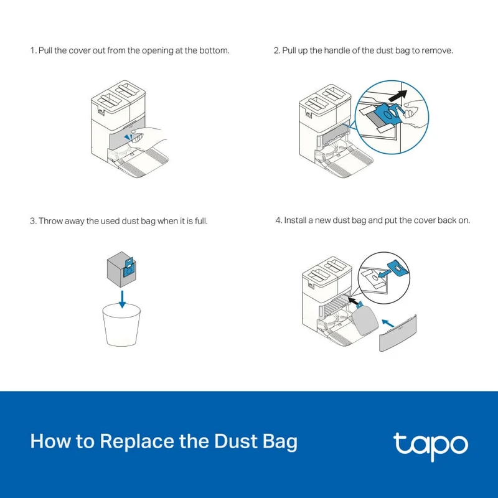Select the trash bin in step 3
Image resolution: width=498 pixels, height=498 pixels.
pyautogui.click(x=121, y=324)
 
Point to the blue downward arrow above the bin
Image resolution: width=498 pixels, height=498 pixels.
pyautogui.click(x=122, y=299)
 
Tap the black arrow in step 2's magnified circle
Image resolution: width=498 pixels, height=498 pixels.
pyautogui.click(x=397, y=95)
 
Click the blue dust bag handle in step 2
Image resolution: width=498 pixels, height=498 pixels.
pyautogui.click(x=388, y=115)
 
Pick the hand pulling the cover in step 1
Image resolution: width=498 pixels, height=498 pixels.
pyautogui.click(x=147, y=138)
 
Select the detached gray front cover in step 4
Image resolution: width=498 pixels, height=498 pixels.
pyautogui.click(x=398, y=333)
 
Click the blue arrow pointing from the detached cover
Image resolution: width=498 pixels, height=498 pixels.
pyautogui.click(x=388, y=323)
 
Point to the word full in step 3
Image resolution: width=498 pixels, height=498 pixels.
pyautogui.click(x=201, y=221)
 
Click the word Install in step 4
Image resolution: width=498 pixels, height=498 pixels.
pyautogui.click(x=295, y=220)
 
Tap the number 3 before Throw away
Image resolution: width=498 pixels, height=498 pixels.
pyautogui.click(x=33, y=221)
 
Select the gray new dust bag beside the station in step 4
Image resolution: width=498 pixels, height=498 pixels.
pyautogui.click(x=366, y=320)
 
